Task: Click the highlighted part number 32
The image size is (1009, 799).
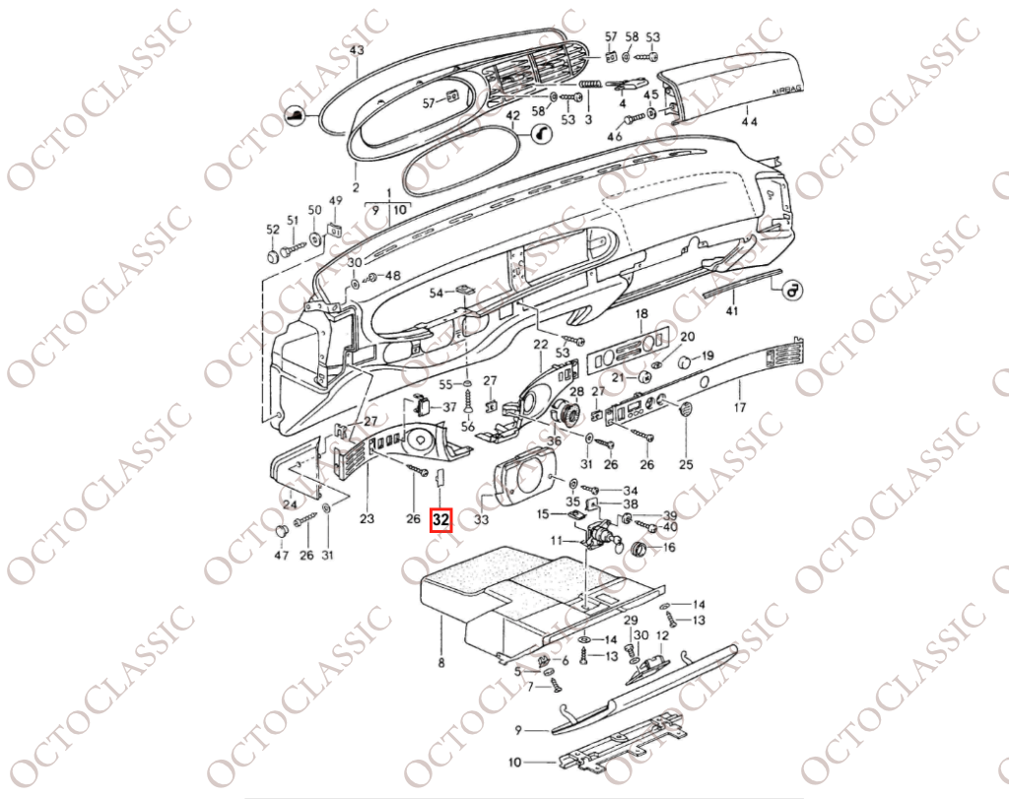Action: [441, 520]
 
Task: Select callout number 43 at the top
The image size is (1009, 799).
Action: [357, 49]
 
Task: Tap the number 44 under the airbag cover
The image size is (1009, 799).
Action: [749, 121]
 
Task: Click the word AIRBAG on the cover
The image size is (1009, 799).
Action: [786, 91]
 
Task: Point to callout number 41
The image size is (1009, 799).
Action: [732, 311]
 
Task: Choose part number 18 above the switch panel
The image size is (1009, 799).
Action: [641, 314]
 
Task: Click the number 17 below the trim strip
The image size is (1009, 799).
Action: [739, 407]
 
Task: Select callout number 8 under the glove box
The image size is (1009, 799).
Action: [440, 661]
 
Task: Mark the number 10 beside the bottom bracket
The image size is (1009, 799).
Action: [514, 763]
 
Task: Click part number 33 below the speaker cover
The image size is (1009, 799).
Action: [481, 518]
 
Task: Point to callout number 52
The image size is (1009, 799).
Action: [273, 230]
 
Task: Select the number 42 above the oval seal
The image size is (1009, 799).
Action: [512, 116]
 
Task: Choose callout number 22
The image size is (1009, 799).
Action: [541, 345]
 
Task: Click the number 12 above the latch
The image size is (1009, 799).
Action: [661, 635]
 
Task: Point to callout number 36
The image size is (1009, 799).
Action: [554, 440]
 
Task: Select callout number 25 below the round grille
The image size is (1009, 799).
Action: [686, 464]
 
